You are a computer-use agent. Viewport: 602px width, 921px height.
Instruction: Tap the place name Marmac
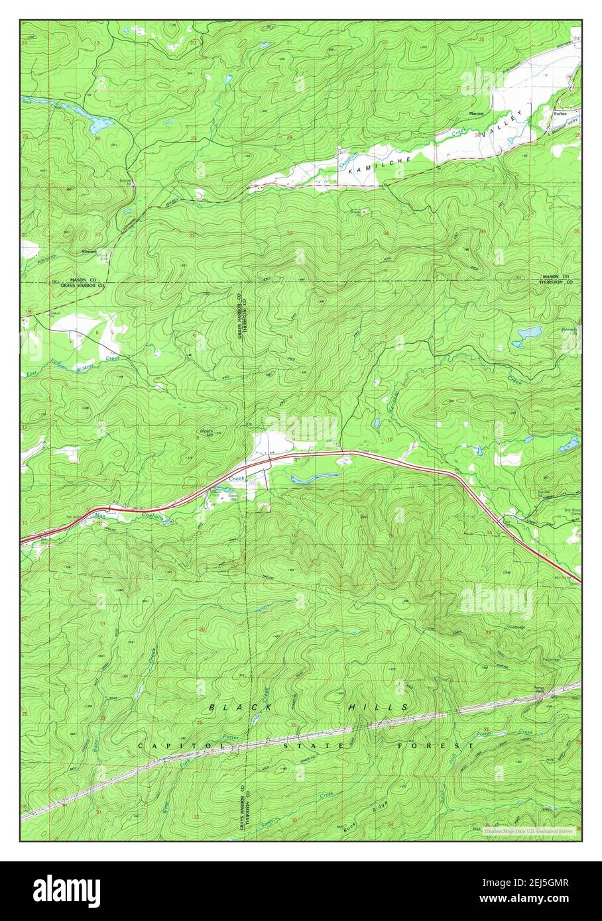tap(477, 113)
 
